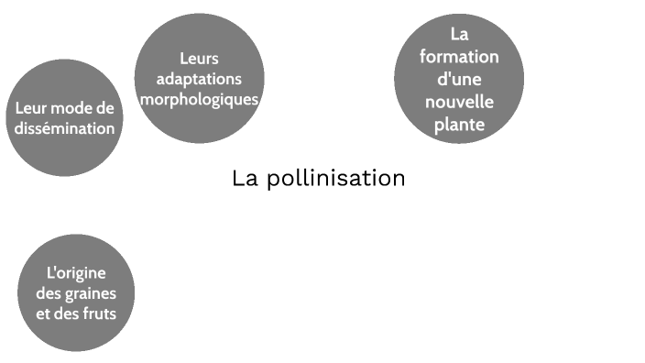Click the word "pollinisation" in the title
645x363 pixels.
(x=335, y=178)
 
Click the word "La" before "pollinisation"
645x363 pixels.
(x=245, y=178)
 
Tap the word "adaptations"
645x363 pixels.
(x=199, y=80)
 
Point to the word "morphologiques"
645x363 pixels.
(x=199, y=99)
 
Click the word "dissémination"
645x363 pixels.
(x=65, y=128)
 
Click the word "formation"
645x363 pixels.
(x=459, y=57)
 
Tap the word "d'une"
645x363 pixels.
(x=459, y=79)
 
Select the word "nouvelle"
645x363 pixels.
(x=459, y=101)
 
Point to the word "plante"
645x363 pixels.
(x=459, y=124)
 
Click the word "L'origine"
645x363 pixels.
(x=76, y=273)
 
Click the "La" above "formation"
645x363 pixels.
(x=459, y=35)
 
